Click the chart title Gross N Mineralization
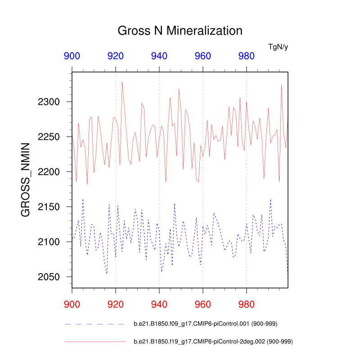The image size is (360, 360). [180, 31]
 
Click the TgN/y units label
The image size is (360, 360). [278, 46]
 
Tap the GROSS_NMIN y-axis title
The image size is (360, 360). [26, 180]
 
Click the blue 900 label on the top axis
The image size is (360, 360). [72, 56]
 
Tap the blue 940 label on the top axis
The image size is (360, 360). [159, 56]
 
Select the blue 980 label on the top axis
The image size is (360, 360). [246, 56]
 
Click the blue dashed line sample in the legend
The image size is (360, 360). [94, 324]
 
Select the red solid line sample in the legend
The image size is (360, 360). [94, 342]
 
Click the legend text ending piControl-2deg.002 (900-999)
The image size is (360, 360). [213, 342]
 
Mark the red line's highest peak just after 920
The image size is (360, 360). [122, 82]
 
